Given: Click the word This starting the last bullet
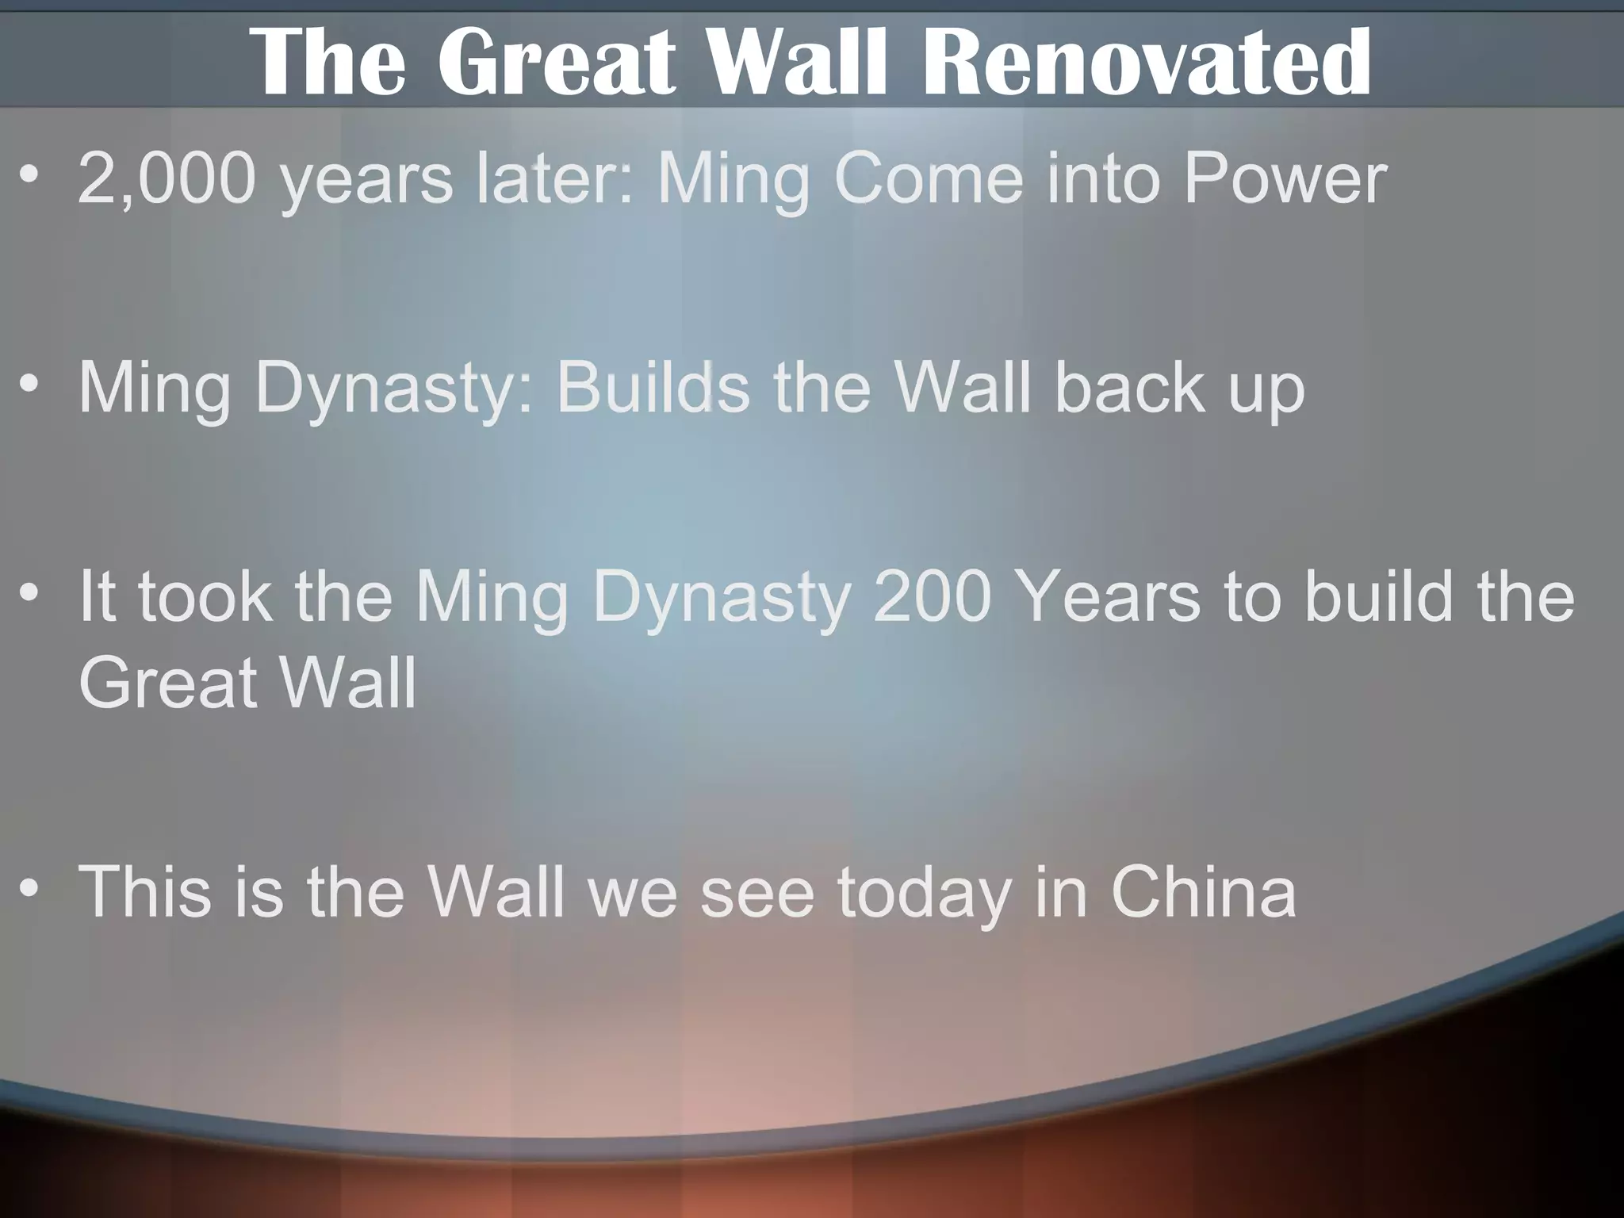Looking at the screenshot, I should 144,891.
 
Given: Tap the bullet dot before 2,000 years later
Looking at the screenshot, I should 30,174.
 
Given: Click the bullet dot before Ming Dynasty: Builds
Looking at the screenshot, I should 30,384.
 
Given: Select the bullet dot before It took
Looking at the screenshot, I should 30,592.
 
